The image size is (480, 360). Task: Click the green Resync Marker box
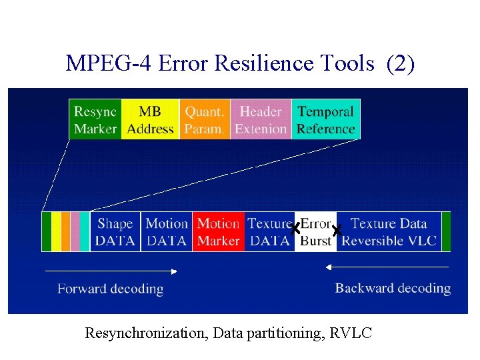tap(95, 120)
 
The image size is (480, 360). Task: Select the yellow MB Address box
tap(150, 120)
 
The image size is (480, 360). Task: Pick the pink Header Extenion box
tap(261, 120)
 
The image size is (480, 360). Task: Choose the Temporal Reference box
tap(325, 120)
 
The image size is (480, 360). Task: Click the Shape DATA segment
tap(115, 232)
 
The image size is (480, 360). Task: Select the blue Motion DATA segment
tap(166, 232)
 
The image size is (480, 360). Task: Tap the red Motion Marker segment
tap(218, 232)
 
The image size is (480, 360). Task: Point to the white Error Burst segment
tap(315, 232)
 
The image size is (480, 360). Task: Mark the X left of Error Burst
tap(295, 229)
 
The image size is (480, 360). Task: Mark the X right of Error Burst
tap(336, 231)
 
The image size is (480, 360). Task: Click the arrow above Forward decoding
tap(110, 271)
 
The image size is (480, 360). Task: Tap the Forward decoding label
tap(110, 289)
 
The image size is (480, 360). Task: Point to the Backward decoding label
tap(393, 288)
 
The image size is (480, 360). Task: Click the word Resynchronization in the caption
tap(146, 333)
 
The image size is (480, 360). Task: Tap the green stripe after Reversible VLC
tap(446, 232)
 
